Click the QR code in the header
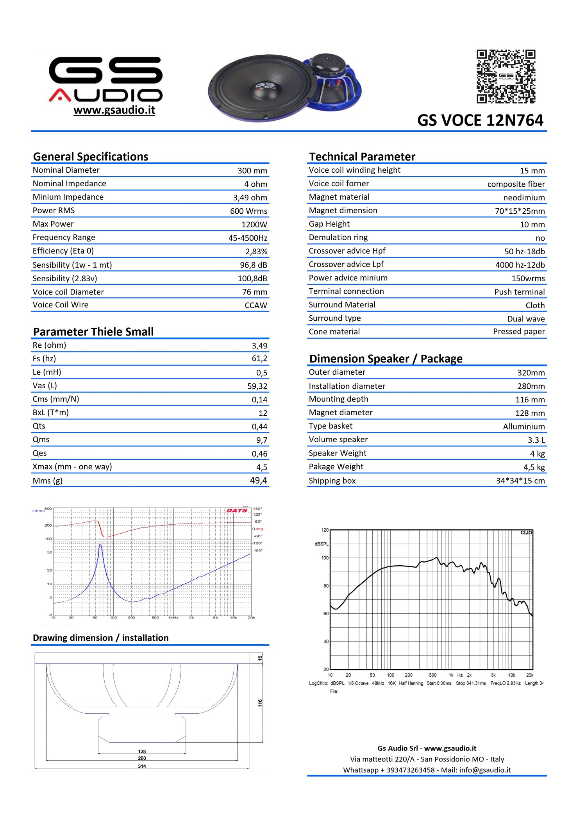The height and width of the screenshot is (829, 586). pos(506,76)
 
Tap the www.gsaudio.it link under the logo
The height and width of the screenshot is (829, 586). pos(114,110)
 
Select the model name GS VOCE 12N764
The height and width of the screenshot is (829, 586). pos(480,120)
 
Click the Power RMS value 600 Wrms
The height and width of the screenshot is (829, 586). pos(248,211)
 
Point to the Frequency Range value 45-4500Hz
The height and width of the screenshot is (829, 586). pos(248,238)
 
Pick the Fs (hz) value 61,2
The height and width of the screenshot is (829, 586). pos(259,359)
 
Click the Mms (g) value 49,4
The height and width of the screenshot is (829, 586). pos(259,481)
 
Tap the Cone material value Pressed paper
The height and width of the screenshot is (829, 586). pos(519,332)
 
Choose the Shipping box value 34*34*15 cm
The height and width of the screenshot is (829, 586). pos(520,481)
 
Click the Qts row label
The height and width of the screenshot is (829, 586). pos(39,426)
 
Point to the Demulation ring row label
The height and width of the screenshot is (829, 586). pos(338,238)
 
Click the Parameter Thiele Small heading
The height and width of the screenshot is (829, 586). pos(93,332)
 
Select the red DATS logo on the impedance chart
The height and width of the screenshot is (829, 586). pos(237,511)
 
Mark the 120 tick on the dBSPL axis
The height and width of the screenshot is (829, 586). pos(325,530)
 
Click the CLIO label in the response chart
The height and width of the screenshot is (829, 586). pos(526,532)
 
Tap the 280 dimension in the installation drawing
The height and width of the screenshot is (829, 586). pos(142,758)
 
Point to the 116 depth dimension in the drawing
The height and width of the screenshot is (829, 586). pos(260,703)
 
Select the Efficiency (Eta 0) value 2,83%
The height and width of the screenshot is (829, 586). pos(256,252)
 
